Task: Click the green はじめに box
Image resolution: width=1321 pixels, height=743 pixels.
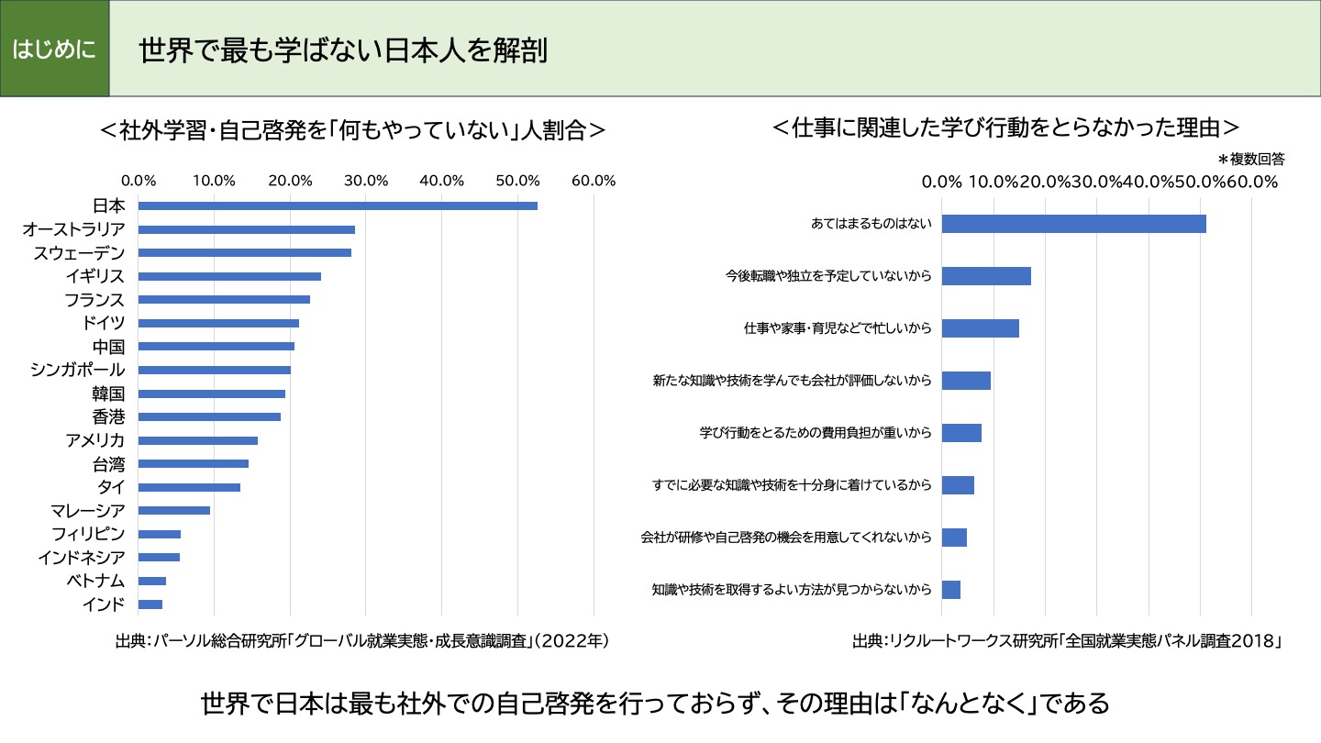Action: coord(54,49)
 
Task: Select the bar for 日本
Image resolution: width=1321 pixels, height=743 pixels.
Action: coord(338,205)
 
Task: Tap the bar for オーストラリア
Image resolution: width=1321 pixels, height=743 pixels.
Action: coord(246,229)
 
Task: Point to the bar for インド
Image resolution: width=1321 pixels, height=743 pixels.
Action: coord(150,604)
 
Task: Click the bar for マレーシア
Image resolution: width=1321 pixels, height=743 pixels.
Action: coord(174,510)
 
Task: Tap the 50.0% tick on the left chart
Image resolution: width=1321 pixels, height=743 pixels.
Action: coord(517,181)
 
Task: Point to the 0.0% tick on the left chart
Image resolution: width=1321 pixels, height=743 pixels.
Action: coord(139,181)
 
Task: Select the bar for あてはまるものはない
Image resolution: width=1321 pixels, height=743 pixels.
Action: coord(1073,224)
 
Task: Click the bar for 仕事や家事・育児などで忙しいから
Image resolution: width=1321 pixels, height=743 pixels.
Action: coord(980,328)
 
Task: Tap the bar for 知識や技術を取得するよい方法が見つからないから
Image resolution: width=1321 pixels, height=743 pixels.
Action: coord(951,590)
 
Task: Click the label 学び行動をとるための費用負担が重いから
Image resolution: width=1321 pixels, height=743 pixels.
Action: coord(815,433)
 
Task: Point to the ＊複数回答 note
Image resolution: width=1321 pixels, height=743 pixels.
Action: coord(1250,159)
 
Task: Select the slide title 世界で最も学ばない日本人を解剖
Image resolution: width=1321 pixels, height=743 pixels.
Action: coord(343,50)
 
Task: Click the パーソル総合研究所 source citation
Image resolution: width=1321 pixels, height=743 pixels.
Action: coord(362,640)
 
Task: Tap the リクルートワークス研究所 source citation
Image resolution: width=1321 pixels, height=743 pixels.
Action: coord(1066,640)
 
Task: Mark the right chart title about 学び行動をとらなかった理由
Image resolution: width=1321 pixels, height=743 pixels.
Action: coord(1005,127)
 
